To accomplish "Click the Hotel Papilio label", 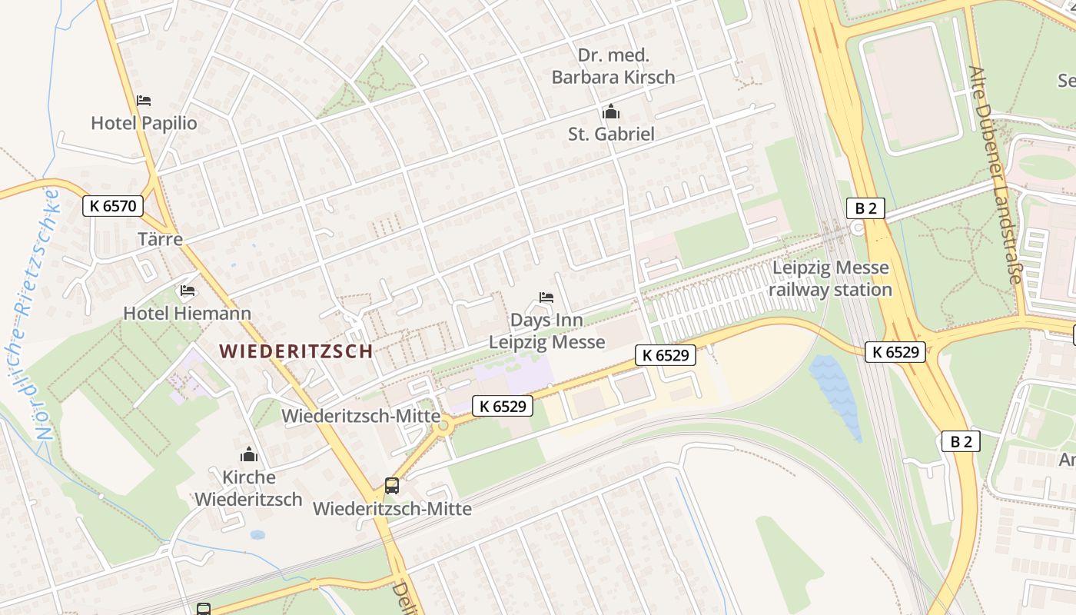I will (x=144, y=123).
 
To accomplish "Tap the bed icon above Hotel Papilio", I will (x=144, y=101).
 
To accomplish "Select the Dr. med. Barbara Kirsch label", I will (x=613, y=66).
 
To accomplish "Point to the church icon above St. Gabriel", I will (x=611, y=112).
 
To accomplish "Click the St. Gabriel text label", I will (x=611, y=134).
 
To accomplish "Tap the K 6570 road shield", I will (x=112, y=206).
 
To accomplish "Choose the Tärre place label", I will (x=160, y=238).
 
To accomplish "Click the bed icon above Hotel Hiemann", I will (x=187, y=291).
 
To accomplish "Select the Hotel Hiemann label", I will (x=187, y=314).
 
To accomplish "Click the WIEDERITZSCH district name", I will (x=296, y=351).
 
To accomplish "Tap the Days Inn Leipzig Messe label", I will (x=547, y=331).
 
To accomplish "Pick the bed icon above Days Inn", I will (x=546, y=298).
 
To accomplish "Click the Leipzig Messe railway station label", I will (x=830, y=279).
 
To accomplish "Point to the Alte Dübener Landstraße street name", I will (x=995, y=175).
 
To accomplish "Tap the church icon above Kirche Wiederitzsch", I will (x=248, y=454).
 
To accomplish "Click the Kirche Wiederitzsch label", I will (x=248, y=488).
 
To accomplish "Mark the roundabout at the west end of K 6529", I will (x=443, y=426).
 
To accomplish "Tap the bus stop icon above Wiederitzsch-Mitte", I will (x=392, y=486).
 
